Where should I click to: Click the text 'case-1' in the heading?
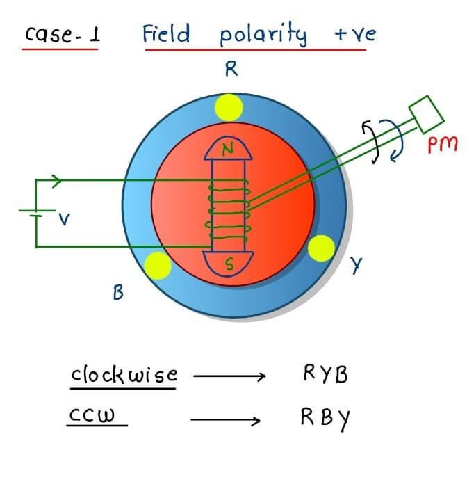62,34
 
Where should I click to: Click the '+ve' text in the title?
354,33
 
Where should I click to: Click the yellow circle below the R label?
229,108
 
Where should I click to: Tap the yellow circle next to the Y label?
320,248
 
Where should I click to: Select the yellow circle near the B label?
156,265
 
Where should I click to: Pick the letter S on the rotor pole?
228,264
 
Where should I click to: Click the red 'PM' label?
442,144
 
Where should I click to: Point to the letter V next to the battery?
64,222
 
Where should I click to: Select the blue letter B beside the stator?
118,293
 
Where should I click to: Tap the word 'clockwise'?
124,375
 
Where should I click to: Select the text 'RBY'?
325,419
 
